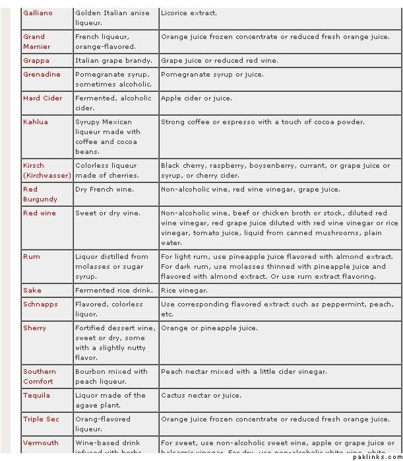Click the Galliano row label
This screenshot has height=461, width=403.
38,13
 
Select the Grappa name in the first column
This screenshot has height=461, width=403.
36,61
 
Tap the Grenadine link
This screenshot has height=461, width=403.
42,75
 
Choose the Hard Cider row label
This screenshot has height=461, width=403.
42,98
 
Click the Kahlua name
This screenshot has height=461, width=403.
36,122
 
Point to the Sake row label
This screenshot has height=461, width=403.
32,291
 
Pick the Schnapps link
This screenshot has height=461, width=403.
40,304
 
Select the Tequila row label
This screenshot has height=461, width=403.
37,396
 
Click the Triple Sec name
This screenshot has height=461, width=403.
41,419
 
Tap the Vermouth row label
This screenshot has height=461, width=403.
41,443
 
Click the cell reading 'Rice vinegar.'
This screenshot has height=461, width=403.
185,291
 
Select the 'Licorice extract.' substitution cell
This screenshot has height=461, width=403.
189,13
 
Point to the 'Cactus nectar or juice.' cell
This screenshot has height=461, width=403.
201,396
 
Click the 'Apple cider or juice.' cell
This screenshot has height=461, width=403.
197,98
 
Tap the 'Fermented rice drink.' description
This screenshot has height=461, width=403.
114,291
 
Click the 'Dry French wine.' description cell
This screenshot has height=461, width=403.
104,190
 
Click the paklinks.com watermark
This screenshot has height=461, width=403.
377,456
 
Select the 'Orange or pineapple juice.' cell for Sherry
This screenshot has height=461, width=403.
209,328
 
